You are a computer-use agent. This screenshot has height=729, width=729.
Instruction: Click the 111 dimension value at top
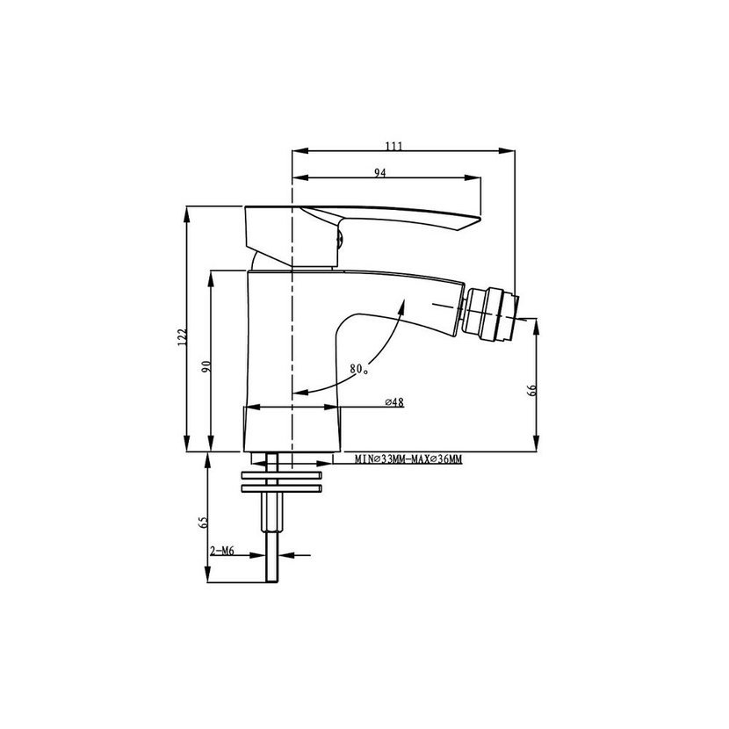coord(393,146)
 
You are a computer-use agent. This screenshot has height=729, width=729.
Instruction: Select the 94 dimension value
coord(380,172)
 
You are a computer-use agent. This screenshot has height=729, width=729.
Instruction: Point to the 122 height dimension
coord(182,337)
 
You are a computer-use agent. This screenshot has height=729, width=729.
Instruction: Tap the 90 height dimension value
coord(206,366)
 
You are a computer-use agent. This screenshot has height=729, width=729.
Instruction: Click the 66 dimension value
coord(532,390)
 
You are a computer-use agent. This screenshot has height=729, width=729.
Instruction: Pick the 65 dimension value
coord(203,522)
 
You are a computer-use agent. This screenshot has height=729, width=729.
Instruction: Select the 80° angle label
coord(359,369)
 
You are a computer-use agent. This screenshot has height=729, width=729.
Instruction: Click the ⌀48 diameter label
coord(394,402)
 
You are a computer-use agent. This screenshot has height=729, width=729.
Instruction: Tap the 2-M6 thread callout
coord(221,552)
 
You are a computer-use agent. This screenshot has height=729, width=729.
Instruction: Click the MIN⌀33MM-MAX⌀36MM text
coord(408,459)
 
